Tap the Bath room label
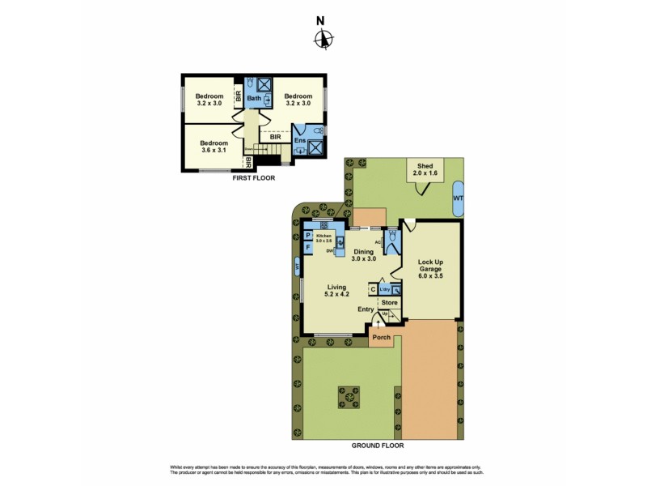(254, 99)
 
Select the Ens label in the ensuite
(300, 141)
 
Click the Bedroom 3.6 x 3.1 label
(214, 147)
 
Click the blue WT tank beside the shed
(459, 198)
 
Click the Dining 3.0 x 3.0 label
(366, 255)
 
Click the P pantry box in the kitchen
(308, 236)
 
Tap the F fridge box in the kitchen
(308, 246)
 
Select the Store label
(389, 303)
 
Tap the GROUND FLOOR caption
(378, 445)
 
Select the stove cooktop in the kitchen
(323, 224)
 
